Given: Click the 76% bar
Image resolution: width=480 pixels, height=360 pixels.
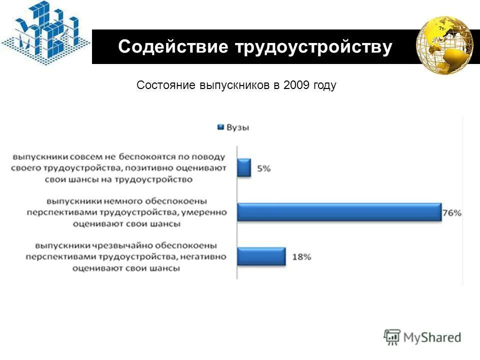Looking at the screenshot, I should [x=339, y=212].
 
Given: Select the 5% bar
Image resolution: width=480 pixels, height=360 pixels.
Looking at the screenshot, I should [x=244, y=168].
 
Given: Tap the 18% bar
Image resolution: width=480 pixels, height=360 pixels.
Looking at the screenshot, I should [x=261, y=256].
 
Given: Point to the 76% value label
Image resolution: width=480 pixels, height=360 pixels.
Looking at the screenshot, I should [x=451, y=212].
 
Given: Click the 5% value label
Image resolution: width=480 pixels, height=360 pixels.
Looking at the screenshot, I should [x=264, y=168].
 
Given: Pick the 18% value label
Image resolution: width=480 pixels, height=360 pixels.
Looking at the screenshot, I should [x=301, y=256].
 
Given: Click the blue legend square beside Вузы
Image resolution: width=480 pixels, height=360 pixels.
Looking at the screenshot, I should [x=219, y=127].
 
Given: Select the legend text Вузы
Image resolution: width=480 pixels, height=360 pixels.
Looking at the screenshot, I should [x=238, y=127].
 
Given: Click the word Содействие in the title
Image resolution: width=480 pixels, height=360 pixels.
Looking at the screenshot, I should [x=170, y=47].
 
